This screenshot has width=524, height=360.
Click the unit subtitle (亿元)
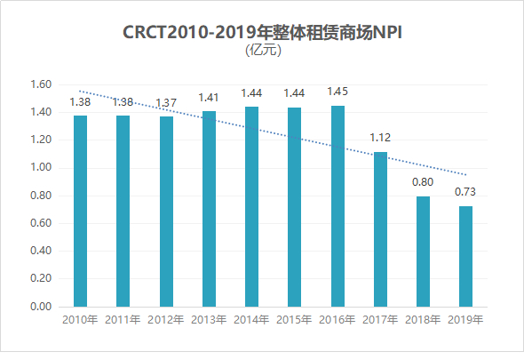tap(263, 51)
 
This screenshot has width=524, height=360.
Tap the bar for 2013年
tap(209, 209)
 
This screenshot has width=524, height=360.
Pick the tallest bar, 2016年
tap(337, 206)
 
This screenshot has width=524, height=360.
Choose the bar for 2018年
tap(423, 252)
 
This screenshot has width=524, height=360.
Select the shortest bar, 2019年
tap(465, 256)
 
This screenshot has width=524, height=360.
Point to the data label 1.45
tap(337, 92)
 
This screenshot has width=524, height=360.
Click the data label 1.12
tap(380, 138)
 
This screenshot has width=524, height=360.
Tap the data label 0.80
tap(423, 182)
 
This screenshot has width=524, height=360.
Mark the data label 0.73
tap(465, 192)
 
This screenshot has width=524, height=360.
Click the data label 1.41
tap(209, 97)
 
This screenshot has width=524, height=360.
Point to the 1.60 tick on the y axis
tap(42, 85)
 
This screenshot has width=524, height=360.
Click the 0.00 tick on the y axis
tap(42, 307)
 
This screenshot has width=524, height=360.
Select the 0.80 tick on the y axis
tap(42, 196)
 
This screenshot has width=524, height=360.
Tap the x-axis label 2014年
tap(251, 319)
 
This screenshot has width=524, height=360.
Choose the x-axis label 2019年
tap(465, 319)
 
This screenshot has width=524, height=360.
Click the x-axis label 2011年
tap(123, 319)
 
